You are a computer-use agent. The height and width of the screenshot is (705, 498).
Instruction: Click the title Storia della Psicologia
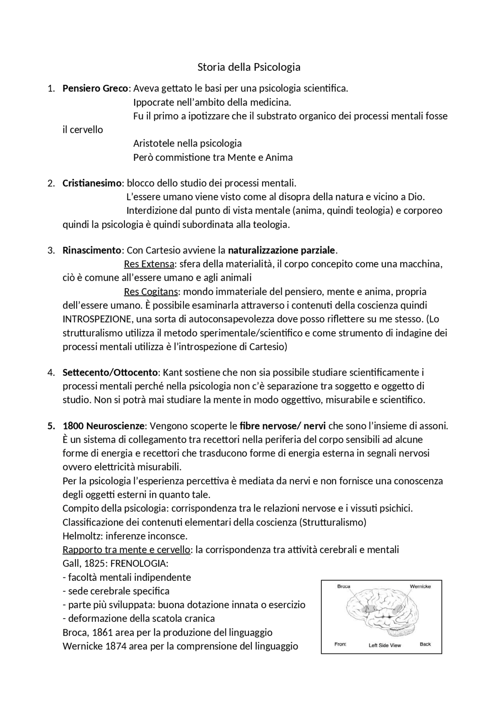[x=249, y=67]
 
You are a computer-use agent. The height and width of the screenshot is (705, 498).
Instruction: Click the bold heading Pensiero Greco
[x=95, y=88]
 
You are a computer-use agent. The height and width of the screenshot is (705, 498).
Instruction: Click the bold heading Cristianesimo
[x=92, y=183]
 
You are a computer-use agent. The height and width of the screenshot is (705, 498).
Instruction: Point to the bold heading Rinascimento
[x=92, y=250]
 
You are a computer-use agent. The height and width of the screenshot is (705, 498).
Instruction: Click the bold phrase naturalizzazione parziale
[x=281, y=250]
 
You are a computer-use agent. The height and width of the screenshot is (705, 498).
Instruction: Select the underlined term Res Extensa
[x=149, y=264]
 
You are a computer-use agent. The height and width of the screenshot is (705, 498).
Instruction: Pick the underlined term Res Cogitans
[x=151, y=292]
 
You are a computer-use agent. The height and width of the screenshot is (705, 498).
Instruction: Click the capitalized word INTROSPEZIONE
[x=97, y=319]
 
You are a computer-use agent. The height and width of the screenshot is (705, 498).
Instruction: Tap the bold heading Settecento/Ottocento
[x=110, y=373]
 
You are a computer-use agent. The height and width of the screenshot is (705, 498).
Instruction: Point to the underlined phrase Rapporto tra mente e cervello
[x=126, y=550]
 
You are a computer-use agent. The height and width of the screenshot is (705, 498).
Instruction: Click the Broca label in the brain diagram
[x=344, y=586]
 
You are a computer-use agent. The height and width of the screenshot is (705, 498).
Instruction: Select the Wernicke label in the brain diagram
[x=420, y=586]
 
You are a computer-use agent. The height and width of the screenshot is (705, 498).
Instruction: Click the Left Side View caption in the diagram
[x=385, y=645]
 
